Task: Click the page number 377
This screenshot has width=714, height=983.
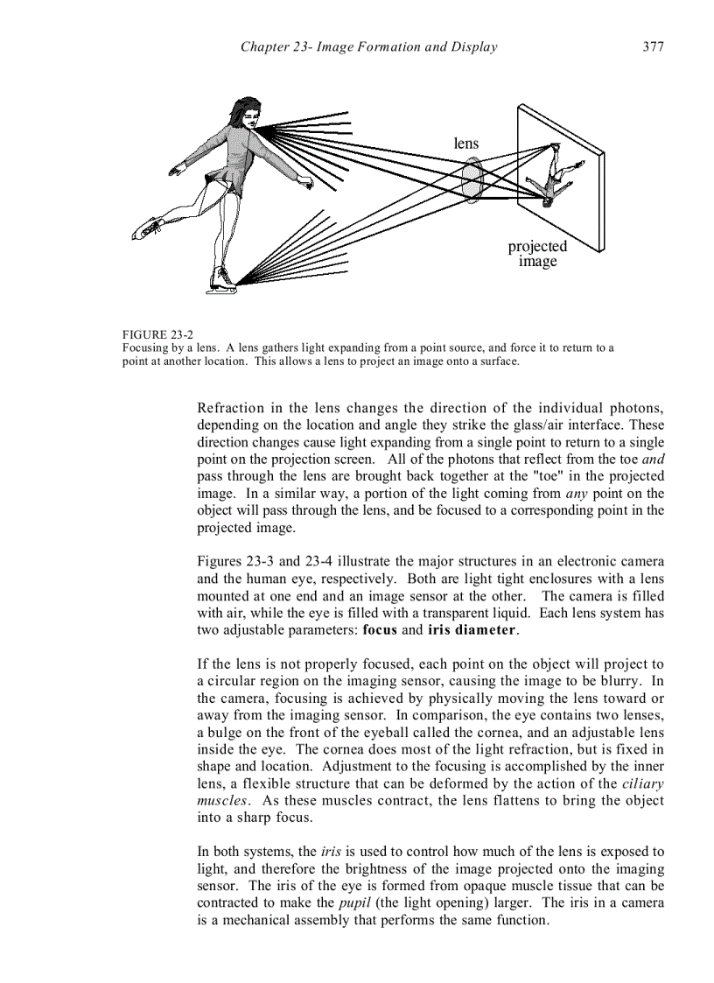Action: click(x=653, y=47)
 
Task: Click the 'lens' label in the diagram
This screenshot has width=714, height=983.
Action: click(x=466, y=143)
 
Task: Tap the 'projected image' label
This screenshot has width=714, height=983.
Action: click(x=537, y=254)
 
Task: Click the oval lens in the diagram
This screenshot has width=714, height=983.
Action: click(x=472, y=180)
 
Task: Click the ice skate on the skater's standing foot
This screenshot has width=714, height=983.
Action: click(x=222, y=280)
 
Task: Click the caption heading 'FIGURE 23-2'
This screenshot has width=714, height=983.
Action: click(x=157, y=334)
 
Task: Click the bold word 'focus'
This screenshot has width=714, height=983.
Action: click(x=381, y=629)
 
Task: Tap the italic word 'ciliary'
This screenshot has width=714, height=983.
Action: click(x=642, y=783)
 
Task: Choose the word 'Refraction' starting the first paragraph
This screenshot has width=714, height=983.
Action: click(x=230, y=408)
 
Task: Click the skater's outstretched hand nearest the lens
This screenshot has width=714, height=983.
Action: click(x=305, y=181)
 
